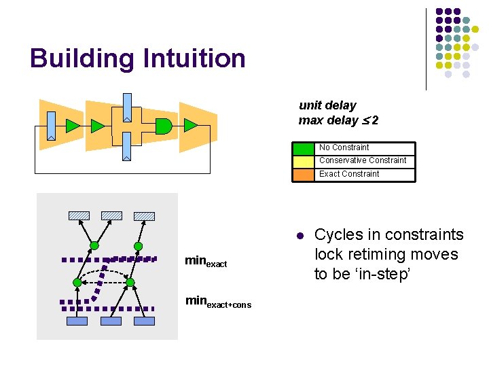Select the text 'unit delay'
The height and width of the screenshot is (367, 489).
click(327, 105)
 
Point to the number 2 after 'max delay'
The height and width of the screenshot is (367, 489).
click(375, 120)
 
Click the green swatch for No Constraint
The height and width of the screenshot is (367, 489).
click(304, 148)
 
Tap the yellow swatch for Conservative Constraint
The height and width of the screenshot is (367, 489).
click(304, 161)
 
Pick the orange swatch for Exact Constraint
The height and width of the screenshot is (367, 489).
click(304, 175)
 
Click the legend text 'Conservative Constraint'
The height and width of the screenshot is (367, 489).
click(363, 160)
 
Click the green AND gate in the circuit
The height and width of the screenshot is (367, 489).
click(164, 125)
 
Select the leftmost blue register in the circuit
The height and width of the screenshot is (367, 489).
click(52, 126)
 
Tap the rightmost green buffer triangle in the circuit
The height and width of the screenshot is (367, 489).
click(190, 125)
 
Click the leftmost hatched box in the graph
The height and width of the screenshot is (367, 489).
click(79, 215)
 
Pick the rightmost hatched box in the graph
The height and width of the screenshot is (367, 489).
click(144, 215)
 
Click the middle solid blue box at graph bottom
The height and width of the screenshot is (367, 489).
click(111, 321)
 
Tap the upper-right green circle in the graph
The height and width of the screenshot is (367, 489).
click(138, 246)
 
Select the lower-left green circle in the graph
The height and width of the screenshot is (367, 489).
click(77, 281)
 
